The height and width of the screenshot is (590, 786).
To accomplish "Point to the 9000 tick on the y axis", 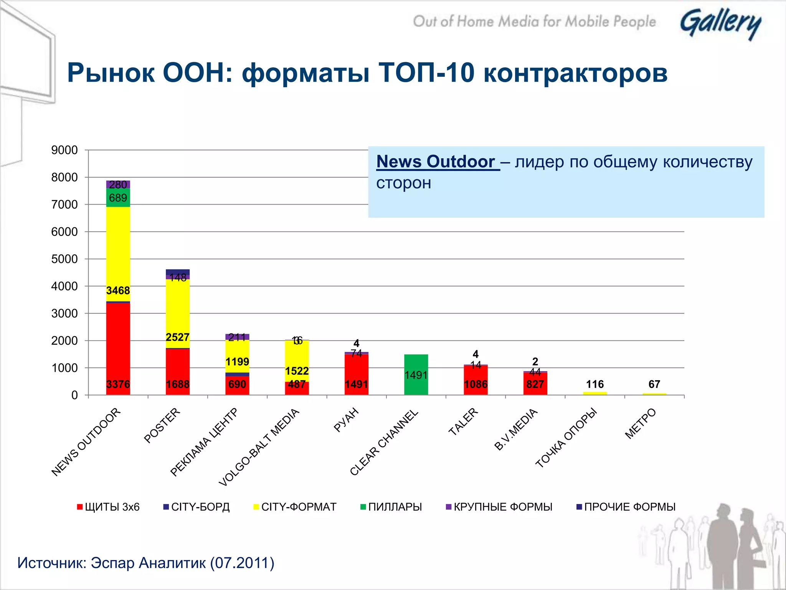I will pos(64,150).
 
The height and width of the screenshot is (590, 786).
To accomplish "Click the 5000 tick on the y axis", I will pos(64,259).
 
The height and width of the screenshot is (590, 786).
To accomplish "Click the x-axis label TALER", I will pos(463,421).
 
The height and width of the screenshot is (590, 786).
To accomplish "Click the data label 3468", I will pos(118,290).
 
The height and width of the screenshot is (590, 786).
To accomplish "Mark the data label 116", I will pos(594,384).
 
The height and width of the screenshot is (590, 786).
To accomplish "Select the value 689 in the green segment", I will pos(118,198).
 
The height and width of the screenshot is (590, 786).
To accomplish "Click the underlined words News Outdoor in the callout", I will pos(438,162).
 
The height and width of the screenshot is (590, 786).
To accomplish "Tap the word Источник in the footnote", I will pos(52,563).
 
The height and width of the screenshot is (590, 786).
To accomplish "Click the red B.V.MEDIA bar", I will pos(535,384).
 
